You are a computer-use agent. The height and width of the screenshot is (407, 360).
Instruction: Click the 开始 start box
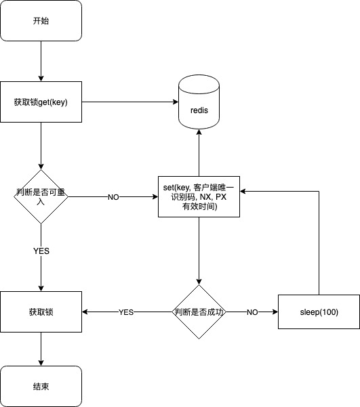41,21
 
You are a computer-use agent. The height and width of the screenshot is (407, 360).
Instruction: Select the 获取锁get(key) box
41,102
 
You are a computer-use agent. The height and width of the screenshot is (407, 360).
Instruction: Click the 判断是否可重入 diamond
41,197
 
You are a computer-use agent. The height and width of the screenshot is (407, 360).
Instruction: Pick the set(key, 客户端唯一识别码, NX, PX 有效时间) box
199,197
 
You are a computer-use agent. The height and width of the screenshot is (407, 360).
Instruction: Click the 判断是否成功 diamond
199,312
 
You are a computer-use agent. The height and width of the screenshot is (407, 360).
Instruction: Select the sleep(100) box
319,312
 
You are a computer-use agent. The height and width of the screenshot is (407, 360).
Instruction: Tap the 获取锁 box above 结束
41,312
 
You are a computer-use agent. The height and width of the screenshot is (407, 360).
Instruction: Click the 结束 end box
41,387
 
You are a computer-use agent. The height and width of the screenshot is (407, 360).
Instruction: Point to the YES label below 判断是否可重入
41,251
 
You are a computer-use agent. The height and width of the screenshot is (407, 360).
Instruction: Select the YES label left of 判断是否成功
126,312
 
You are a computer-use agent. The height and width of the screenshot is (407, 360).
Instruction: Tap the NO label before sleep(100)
252,312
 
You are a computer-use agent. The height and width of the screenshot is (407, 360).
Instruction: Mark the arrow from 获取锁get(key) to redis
129,102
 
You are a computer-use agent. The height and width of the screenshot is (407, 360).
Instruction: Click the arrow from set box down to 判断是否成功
199,251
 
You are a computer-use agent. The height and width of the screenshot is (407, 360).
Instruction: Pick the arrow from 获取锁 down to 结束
41,349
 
